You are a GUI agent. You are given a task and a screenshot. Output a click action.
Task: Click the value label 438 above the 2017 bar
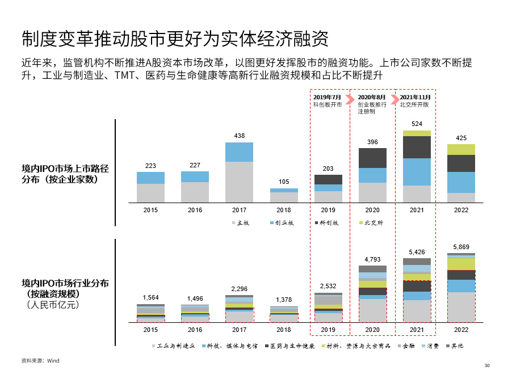click(239, 136)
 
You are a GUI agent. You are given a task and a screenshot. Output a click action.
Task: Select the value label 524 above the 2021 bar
click(417, 124)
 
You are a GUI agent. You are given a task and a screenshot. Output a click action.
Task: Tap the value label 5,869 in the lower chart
click(461, 247)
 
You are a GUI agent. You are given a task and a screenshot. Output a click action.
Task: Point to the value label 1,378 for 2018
click(284, 300)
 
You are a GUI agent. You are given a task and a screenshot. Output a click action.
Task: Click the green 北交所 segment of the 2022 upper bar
click(461, 149)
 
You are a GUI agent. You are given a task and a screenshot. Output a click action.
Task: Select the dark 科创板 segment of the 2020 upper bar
click(372, 158)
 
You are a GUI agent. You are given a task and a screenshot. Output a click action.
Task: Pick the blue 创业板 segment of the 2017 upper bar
click(239, 152)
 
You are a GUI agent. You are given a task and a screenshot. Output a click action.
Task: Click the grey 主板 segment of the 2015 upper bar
click(150, 193)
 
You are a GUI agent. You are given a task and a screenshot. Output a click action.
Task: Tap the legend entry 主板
click(240, 223)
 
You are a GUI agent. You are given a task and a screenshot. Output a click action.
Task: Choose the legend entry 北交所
click(372, 223)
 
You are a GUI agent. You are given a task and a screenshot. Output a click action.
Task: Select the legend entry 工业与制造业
click(173, 346)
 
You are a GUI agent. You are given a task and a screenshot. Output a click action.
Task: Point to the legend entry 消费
click(429, 346)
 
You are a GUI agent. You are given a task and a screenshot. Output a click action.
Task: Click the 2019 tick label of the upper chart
click(328, 210)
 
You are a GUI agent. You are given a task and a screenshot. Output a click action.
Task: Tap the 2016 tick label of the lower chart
click(195, 330)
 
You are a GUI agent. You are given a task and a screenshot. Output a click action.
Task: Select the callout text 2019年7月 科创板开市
click(328, 101)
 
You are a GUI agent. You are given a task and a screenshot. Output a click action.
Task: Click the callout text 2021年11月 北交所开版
click(415, 101)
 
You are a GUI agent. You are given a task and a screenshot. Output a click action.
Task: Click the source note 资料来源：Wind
click(40, 360)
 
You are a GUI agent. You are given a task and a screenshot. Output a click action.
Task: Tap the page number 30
click(486, 365)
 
